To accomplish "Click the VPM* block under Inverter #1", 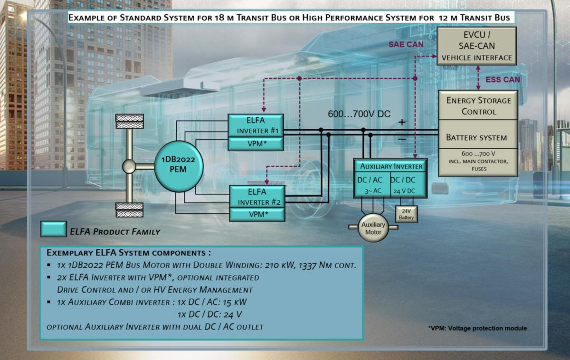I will pos(256,144).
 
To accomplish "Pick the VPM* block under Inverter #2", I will pos(257,215).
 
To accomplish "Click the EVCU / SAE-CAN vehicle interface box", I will pos(476,46).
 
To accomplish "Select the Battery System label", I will pos(476,138).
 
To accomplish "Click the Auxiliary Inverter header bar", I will pos(391,166).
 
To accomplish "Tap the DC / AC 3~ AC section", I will pos(372,185).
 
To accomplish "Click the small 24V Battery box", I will pos(406,214).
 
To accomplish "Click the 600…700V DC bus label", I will pos(359,114).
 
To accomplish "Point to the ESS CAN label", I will pos(503,79).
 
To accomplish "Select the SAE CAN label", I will pos(406,44).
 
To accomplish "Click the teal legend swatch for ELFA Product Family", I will pos(53,229).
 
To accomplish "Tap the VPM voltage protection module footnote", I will pos(477,328).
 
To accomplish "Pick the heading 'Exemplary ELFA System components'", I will pos(128,252).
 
